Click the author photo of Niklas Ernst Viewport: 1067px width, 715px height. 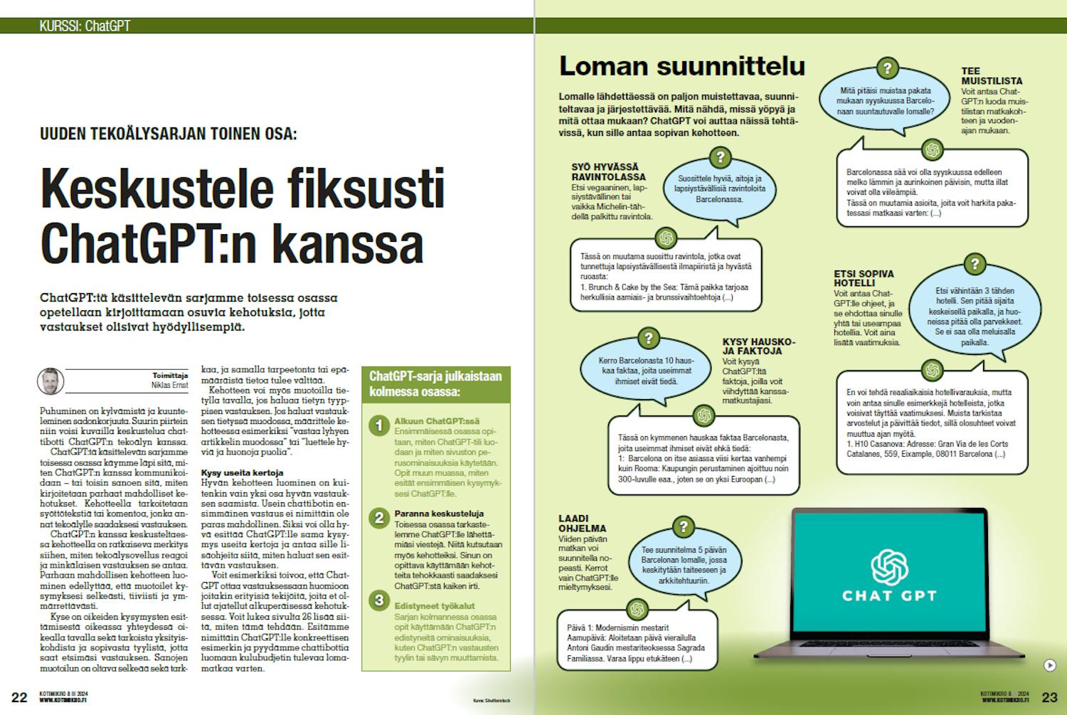pyautogui.click(x=51, y=381)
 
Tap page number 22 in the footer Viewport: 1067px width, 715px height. pyautogui.click(x=19, y=697)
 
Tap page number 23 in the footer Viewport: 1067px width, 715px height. pyautogui.click(x=1049, y=697)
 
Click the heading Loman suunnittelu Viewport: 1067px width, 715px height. pyautogui.click(x=681, y=66)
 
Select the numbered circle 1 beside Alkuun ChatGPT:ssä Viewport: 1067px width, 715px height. pyautogui.click(x=379, y=426)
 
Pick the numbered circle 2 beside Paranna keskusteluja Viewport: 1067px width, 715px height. pyautogui.click(x=379, y=517)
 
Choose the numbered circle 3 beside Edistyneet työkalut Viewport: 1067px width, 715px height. pyautogui.click(x=379, y=600)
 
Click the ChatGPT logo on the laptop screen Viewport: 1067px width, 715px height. pyautogui.click(x=889, y=566)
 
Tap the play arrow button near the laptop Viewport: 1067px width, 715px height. pyautogui.click(x=1049, y=665)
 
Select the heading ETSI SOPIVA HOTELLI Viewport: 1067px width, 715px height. pyautogui.click(x=864, y=278)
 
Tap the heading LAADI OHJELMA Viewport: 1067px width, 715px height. pyautogui.click(x=583, y=523)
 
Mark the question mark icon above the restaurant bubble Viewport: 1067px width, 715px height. pyautogui.click(x=720, y=157)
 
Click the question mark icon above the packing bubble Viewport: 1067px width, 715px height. pyautogui.click(x=887, y=69)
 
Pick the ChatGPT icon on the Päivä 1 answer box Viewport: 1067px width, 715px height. pyautogui.click(x=637, y=609)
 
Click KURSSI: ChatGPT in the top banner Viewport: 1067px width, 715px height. pyautogui.click(x=85, y=26)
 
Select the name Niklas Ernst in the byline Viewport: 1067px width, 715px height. pyautogui.click(x=169, y=385)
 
